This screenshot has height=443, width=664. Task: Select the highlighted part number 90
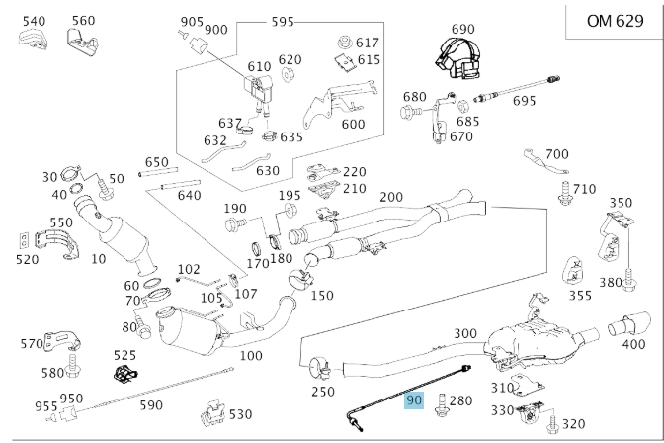pyautogui.click(x=414, y=400)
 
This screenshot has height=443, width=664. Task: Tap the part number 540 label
pyautogui.click(x=34, y=20)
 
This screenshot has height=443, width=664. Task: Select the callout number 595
pyautogui.click(x=283, y=20)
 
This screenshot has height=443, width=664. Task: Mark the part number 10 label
pyautogui.click(x=97, y=259)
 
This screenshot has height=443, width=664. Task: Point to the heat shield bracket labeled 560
pyautogui.click(x=80, y=39)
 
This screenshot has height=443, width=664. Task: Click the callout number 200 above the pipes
pyautogui.click(x=391, y=197)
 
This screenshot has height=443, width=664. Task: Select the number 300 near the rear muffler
pyautogui.click(x=465, y=333)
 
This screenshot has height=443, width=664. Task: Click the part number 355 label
pyautogui.click(x=580, y=294)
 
